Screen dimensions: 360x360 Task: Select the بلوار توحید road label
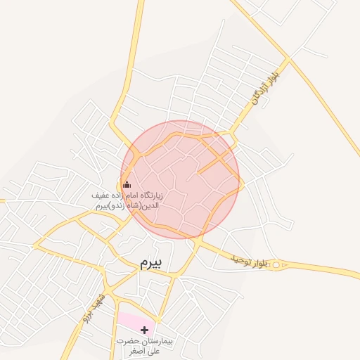click(x=247, y=261)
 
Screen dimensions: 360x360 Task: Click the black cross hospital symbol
click(x=144, y=330)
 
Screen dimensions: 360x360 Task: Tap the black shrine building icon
click(x=127, y=184)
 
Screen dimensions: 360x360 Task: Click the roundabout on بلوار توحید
click(x=276, y=265)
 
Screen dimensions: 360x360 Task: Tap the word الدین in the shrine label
click(x=153, y=206)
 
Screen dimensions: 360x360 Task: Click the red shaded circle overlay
click(x=180, y=180)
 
